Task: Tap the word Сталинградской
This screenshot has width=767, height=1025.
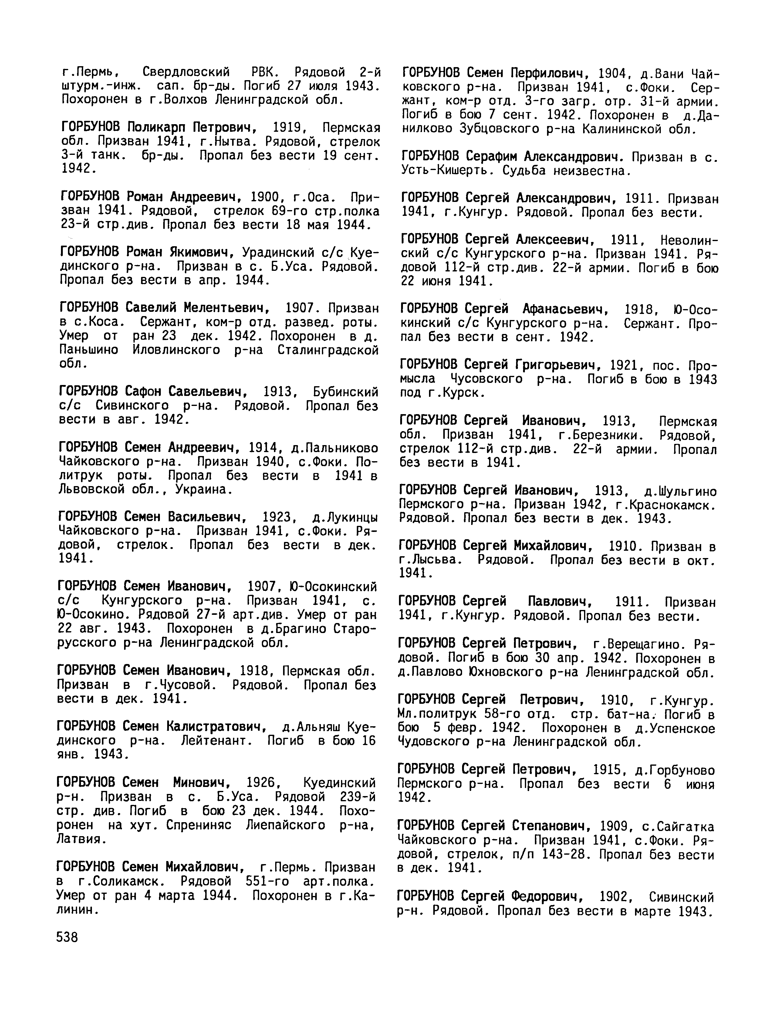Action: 328,350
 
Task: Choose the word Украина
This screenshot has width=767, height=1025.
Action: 203,489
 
